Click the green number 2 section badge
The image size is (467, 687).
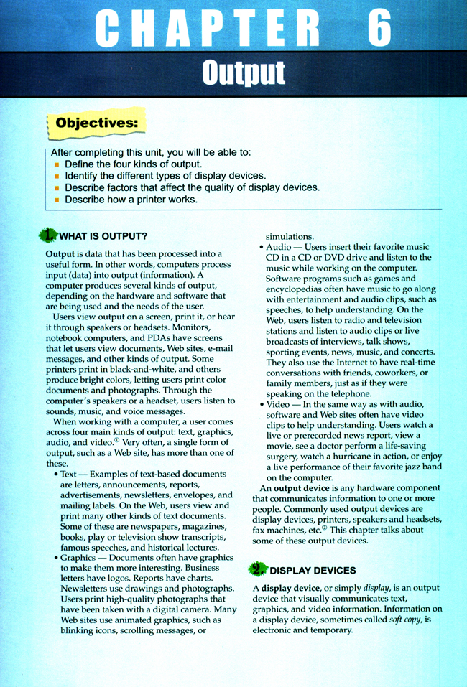(256, 570)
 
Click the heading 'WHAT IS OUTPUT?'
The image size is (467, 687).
(103, 236)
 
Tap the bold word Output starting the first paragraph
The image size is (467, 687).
(60, 254)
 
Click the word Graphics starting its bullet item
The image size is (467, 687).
(78, 557)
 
